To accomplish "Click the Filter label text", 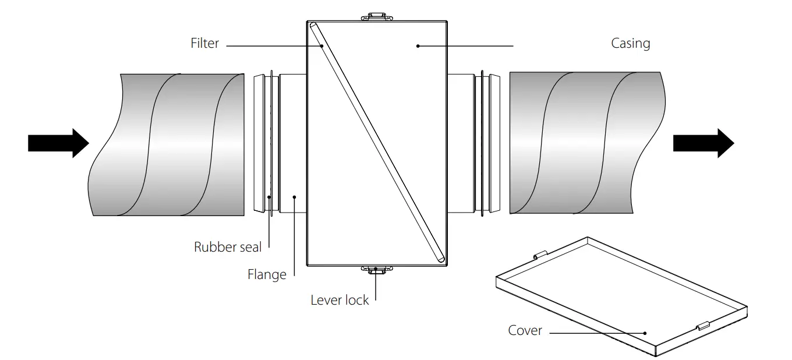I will (x=204, y=43).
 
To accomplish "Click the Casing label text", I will (x=630, y=43).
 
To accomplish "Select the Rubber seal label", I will (x=228, y=247).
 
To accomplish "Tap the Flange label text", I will (x=267, y=274).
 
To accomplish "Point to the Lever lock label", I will (x=340, y=300).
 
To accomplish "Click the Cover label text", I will (x=525, y=330).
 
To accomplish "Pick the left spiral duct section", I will (x=169, y=144).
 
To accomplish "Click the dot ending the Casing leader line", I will (x=418, y=45).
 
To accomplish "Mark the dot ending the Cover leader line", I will (x=645, y=333).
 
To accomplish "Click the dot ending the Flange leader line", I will (x=295, y=197).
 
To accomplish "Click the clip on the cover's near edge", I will (x=702, y=326).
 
